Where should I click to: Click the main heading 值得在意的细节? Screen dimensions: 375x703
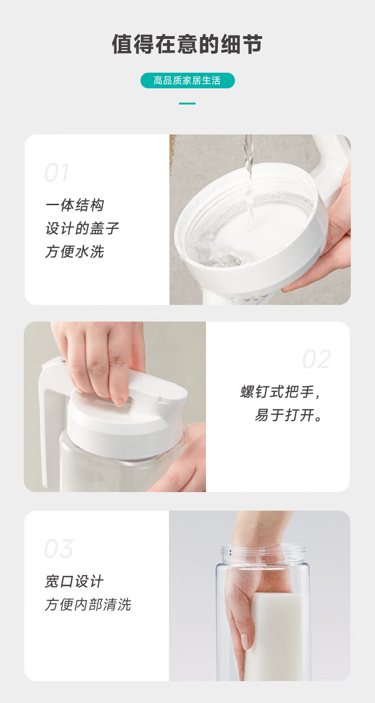[187, 44]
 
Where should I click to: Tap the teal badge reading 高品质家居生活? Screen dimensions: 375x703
[187, 81]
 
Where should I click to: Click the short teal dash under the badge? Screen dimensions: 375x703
[187, 103]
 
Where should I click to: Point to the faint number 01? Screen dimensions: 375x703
[57, 172]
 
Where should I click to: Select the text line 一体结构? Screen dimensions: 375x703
[75, 205]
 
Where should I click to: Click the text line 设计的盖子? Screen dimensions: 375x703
[82, 228]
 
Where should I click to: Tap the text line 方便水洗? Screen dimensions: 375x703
[75, 251]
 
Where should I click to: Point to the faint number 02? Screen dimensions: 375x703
[317, 359]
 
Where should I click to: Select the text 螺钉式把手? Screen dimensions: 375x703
[277, 392]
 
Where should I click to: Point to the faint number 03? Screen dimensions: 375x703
[59, 549]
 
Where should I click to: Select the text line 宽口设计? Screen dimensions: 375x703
[74, 581]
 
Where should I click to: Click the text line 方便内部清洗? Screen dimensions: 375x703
[88, 605]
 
